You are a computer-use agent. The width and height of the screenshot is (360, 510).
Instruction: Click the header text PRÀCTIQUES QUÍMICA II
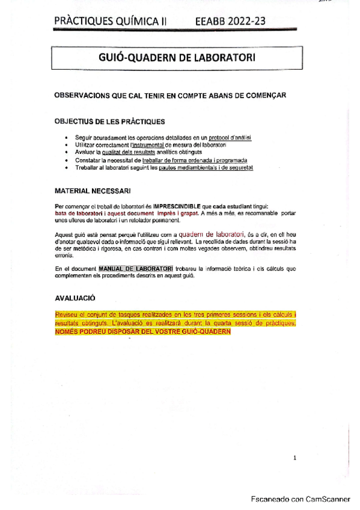tap(111, 22)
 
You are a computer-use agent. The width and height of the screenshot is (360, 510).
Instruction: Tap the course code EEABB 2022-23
tap(231, 22)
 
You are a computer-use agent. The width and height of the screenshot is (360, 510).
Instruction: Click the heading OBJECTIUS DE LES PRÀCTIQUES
tap(109, 121)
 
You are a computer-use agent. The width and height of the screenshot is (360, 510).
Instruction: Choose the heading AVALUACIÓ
tap(75, 298)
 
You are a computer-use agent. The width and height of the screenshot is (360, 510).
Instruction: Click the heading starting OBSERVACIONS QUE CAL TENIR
tap(170, 96)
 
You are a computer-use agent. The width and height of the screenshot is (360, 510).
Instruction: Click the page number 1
tap(294, 458)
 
